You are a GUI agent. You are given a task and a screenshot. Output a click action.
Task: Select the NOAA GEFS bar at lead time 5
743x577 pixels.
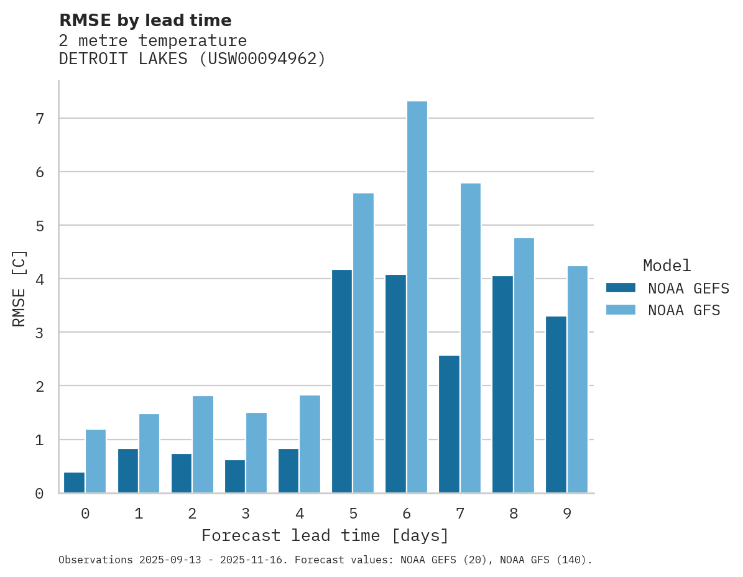tap(342, 381)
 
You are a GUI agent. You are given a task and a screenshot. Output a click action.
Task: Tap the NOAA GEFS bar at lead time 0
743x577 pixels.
tap(75, 482)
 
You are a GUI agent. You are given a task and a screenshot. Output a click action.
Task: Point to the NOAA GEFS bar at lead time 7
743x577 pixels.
tap(449, 424)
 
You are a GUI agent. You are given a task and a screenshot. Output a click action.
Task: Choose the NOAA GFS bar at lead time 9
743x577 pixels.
tap(577, 379)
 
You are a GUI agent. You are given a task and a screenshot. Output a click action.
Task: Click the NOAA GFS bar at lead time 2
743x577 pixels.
tap(203, 445)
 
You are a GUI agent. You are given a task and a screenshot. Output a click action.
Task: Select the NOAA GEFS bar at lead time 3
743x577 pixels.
tap(235, 476)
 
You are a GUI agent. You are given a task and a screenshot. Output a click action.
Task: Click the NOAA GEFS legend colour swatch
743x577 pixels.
tap(621, 288)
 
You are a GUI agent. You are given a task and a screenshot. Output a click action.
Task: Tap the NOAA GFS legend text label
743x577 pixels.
tap(684, 310)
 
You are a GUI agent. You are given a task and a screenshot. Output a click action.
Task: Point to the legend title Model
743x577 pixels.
tap(667, 266)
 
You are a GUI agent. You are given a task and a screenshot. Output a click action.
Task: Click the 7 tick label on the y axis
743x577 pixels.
tap(39, 118)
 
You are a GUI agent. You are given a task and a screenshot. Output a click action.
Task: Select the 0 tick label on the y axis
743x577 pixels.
tap(39, 494)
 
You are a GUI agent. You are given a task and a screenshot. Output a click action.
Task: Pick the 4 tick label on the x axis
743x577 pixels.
tap(300, 514)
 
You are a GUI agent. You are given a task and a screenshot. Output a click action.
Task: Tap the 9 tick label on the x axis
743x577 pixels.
tap(567, 514)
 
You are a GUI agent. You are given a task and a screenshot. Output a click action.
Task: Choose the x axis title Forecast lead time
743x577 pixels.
tap(325, 536)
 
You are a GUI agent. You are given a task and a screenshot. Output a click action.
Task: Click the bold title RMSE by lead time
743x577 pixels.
tap(145, 21)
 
